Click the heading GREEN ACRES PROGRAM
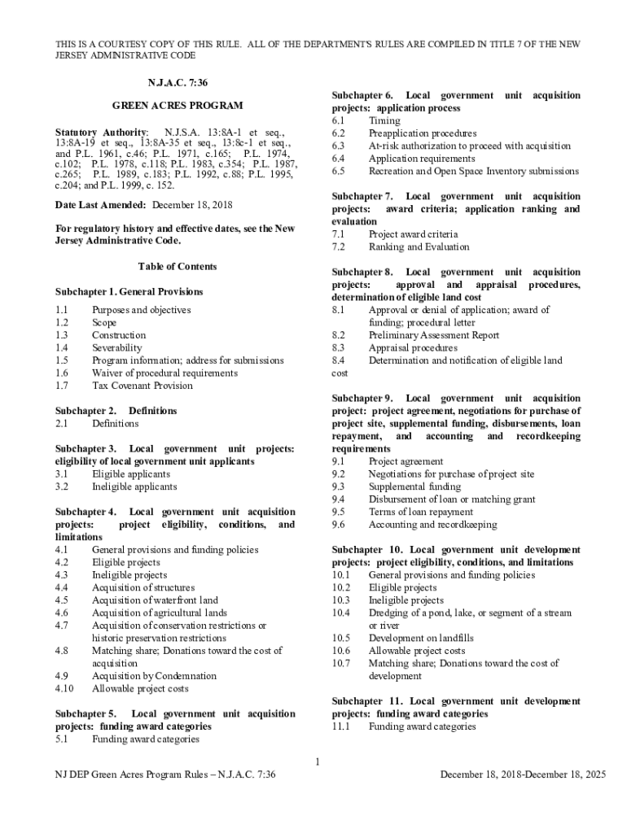pyautogui.click(x=177, y=107)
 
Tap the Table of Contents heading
pyautogui.click(x=177, y=267)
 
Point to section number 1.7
pyautogui.click(x=62, y=386)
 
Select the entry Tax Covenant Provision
pyautogui.click(x=142, y=386)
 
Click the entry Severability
pyautogui.click(x=117, y=347)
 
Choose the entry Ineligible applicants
pyautogui.click(x=134, y=486)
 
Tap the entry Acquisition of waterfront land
pyautogui.click(x=155, y=600)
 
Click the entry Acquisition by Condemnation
pyautogui.click(x=154, y=676)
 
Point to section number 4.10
pyautogui.click(x=64, y=688)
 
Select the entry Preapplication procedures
pyautogui.click(x=423, y=133)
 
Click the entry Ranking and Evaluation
pyautogui.click(x=419, y=246)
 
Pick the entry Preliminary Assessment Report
pyautogui.click(x=434, y=335)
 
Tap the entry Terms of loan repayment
pyautogui.click(x=420, y=512)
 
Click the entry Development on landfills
pyautogui.click(x=421, y=638)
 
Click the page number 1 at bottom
pyautogui.click(x=318, y=761)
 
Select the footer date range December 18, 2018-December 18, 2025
pyautogui.click(x=523, y=775)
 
